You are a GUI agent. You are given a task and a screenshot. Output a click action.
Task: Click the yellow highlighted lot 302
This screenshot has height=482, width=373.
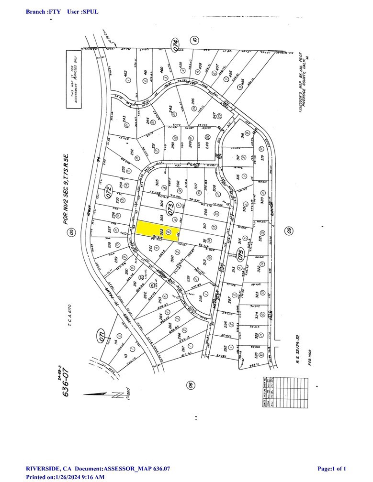[155, 230]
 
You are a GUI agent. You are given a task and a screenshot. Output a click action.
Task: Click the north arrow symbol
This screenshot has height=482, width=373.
[101, 394]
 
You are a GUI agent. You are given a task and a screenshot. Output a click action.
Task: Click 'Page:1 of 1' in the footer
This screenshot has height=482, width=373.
[332, 468]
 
